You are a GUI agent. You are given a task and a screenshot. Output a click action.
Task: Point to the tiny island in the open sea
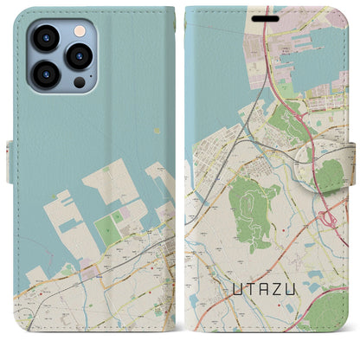(157, 132)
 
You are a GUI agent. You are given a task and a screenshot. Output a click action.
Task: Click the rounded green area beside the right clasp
(330, 175)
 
